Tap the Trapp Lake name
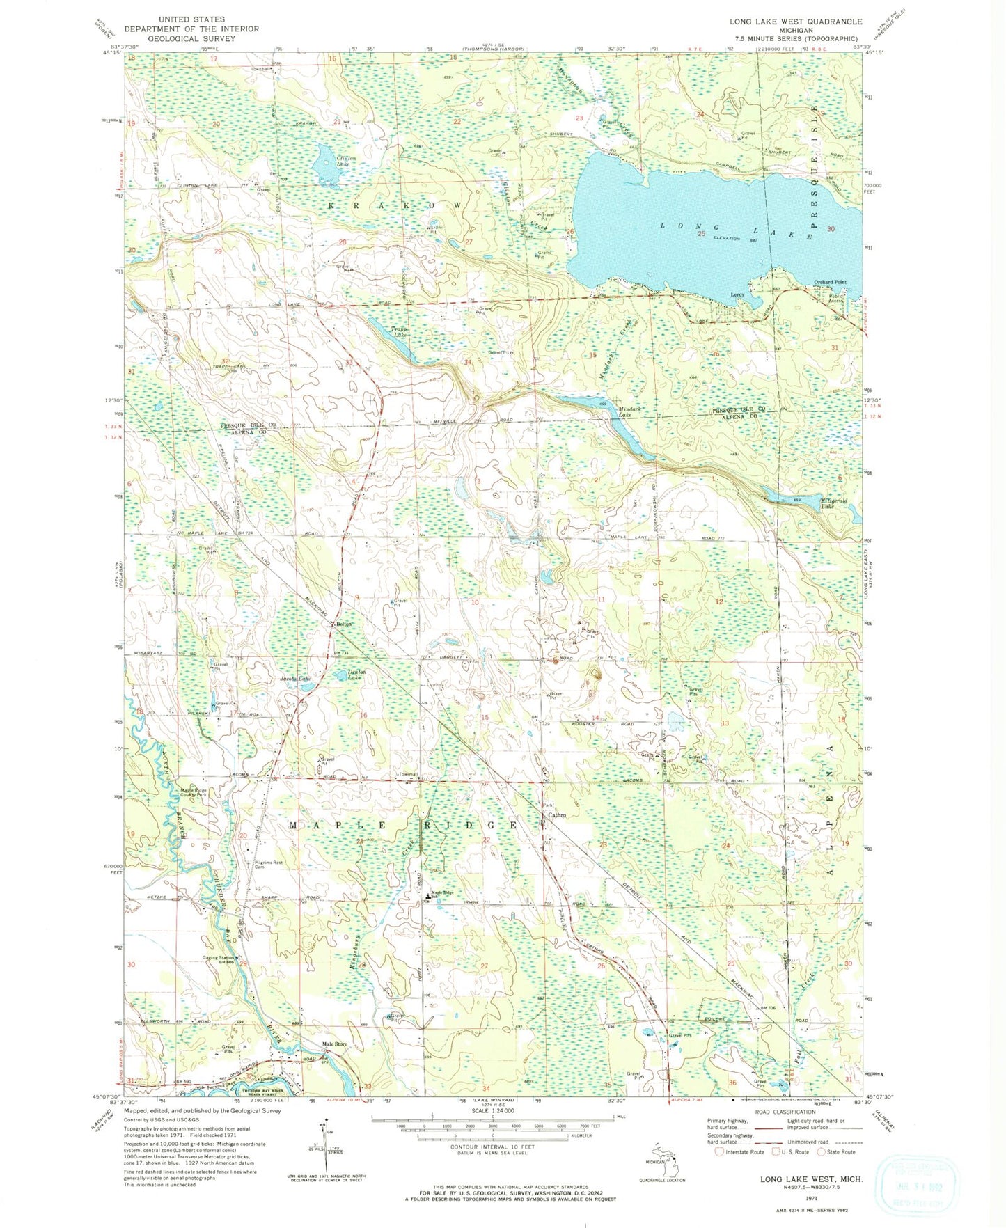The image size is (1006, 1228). tap(398, 332)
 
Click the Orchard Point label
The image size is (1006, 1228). tap(831, 282)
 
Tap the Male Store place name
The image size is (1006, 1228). tap(334, 1044)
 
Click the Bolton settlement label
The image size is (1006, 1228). tap(343, 624)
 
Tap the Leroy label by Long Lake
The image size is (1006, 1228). tap(737, 294)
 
